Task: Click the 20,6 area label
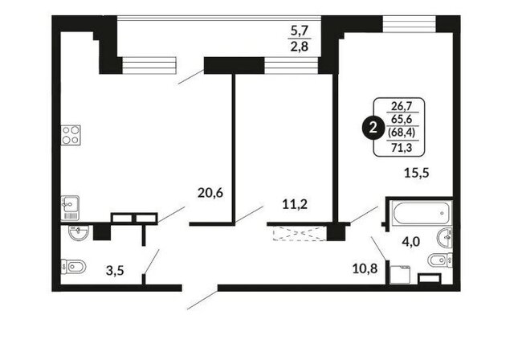[x=210, y=193]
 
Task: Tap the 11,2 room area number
[x=295, y=205]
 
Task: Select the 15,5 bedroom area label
[x=416, y=173]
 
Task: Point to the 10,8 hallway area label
[x=365, y=269]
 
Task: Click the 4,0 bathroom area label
[x=410, y=242]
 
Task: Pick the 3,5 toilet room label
[x=115, y=271]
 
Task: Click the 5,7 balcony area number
[x=300, y=31]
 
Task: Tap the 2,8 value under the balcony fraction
[x=300, y=47]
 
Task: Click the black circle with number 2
[x=373, y=128]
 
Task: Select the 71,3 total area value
[x=402, y=149]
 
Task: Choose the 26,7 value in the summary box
[x=402, y=106]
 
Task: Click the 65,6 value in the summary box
[x=402, y=120]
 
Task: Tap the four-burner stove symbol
[x=71, y=135]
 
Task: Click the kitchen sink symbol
[x=70, y=208]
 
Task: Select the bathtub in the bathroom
[x=422, y=213]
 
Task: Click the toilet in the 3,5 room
[x=73, y=266]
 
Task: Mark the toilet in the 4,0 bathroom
[x=440, y=260]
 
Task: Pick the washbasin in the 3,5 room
[x=78, y=232]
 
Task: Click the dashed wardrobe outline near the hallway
[x=300, y=233]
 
